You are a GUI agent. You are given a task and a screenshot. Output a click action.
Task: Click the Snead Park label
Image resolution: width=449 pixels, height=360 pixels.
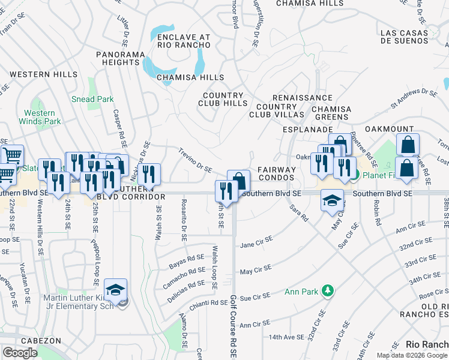(x=92, y=99)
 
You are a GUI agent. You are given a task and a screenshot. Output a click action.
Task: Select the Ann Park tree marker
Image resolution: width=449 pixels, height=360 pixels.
(x=327, y=292)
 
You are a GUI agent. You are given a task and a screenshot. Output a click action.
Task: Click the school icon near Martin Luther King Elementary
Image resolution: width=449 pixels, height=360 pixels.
(x=115, y=290)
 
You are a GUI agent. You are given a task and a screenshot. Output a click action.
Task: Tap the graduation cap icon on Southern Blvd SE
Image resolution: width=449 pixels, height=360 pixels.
(x=332, y=201)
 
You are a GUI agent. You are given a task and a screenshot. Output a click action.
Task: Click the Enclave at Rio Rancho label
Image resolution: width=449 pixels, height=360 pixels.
(x=184, y=41)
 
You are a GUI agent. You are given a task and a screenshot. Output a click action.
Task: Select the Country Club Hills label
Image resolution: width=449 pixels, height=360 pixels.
(x=222, y=99)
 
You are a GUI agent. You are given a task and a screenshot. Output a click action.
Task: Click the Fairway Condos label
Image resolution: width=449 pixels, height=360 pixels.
(x=277, y=173)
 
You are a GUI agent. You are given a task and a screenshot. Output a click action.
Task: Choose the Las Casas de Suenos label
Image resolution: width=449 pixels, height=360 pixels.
(x=412, y=36)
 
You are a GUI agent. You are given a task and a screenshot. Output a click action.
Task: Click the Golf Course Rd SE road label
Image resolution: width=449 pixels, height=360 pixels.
(x=233, y=327)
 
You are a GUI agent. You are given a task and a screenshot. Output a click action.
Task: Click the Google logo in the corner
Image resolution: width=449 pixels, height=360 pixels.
(x=20, y=353)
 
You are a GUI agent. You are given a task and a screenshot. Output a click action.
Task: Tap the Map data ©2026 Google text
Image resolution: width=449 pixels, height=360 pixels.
(x=412, y=355)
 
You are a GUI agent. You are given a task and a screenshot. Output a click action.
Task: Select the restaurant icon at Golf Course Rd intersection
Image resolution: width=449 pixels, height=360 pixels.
(x=226, y=191)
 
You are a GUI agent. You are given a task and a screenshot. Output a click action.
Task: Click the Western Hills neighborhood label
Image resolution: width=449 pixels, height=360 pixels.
(x=43, y=74)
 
